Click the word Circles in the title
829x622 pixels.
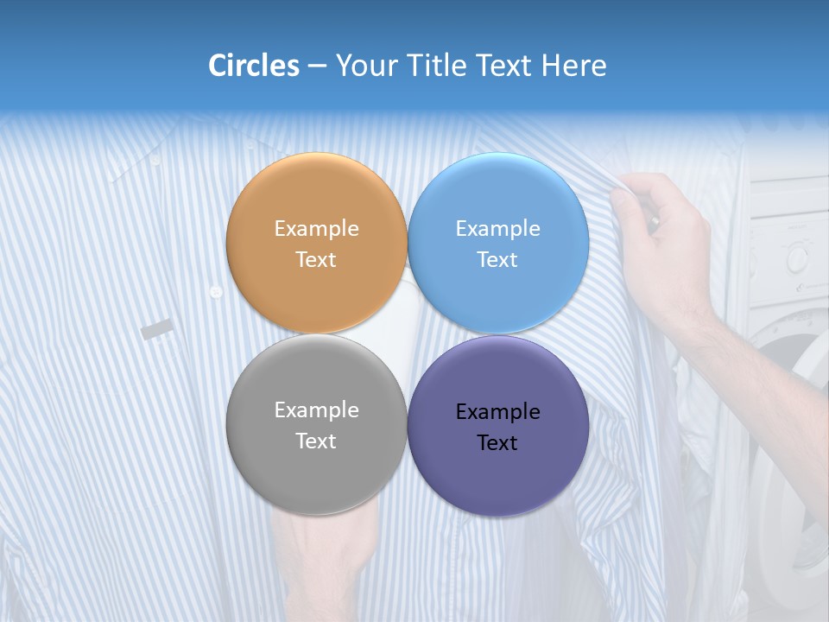pyautogui.click(x=253, y=66)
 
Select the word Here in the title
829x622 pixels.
pyautogui.click(x=573, y=66)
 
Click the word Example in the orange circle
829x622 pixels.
pyautogui.click(x=316, y=229)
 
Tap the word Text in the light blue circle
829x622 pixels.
pyautogui.click(x=497, y=260)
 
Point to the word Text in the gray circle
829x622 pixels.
pyautogui.click(x=316, y=441)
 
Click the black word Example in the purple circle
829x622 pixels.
pyautogui.click(x=498, y=412)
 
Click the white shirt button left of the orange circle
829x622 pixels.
pyautogui.click(x=216, y=292)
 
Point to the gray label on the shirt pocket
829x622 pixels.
pyautogui.click(x=157, y=329)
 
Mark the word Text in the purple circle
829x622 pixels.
pyautogui.click(x=497, y=443)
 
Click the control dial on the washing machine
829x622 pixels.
pyautogui.click(x=796, y=257)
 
